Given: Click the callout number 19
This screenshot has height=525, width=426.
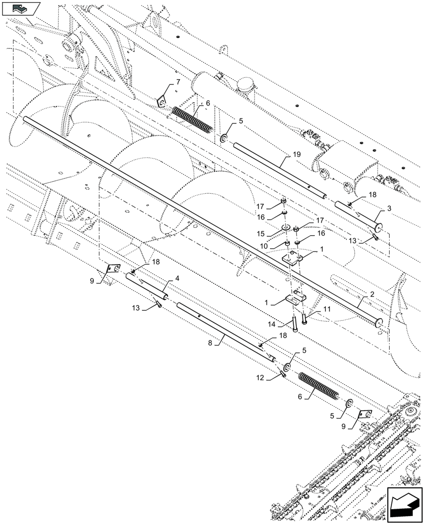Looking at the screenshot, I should tap(296, 155).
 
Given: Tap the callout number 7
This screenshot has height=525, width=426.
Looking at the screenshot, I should tap(178, 82).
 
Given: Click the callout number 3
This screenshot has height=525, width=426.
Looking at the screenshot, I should tap(389, 208).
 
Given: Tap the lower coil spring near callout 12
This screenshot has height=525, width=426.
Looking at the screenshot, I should tap(318, 387).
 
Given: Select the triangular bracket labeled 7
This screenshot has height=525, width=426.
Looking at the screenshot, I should tap(162, 101).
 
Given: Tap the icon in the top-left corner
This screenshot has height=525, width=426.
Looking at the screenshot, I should tap(20, 8).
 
